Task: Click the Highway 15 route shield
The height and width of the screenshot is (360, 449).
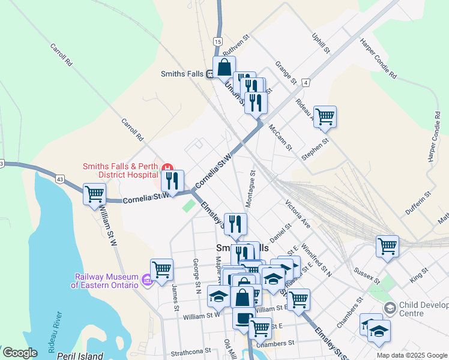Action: tap(217, 41)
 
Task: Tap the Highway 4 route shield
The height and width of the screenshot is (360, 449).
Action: tap(306, 82)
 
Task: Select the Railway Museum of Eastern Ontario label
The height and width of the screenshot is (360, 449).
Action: tap(107, 281)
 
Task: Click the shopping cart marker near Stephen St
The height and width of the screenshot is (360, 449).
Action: tap(325, 116)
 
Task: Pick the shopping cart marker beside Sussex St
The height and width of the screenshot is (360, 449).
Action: tap(387, 246)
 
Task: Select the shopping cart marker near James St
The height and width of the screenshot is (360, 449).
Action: tap(161, 269)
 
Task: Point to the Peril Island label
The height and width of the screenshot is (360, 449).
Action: tap(81, 356)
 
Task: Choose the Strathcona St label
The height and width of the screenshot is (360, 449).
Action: tap(190, 350)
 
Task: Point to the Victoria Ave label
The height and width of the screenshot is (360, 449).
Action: tap(298, 214)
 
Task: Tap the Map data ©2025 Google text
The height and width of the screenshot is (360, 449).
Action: tap(412, 355)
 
